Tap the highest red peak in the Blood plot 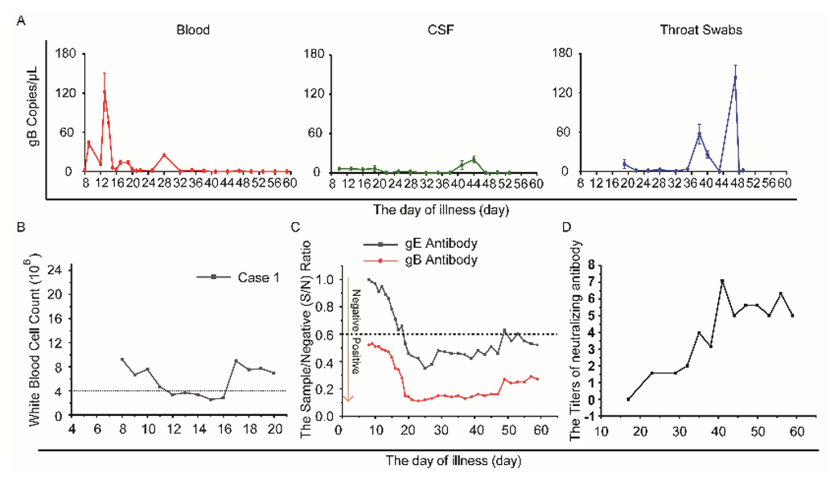[x=105, y=90]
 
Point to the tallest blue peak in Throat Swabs [x=735, y=77]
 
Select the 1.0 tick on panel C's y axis [x=331, y=280]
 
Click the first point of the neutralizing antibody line [x=628, y=399]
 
